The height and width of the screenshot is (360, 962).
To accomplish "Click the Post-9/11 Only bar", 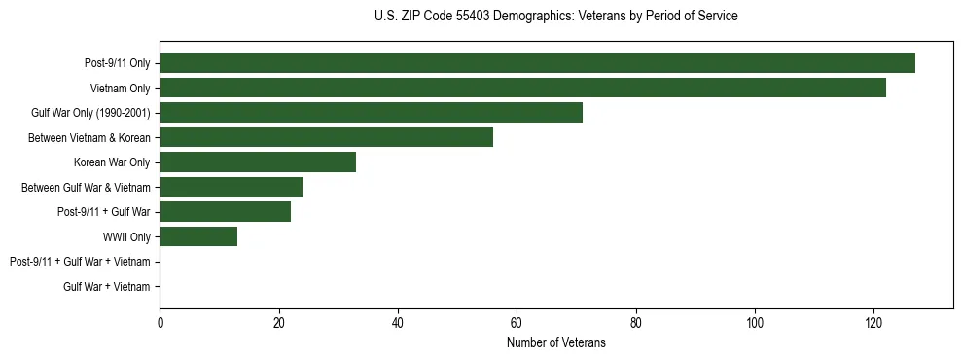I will coord(537,63).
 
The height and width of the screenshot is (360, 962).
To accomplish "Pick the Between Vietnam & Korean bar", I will coord(326,137).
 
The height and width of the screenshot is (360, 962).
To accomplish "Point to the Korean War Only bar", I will coord(258,162).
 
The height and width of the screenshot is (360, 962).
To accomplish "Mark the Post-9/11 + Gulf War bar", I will coord(225,212).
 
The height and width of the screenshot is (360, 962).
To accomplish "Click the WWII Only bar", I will coord(198,236).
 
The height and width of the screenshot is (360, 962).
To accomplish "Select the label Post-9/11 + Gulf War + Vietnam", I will coord(80,262).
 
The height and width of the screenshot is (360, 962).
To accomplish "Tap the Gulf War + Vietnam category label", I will coord(107,287).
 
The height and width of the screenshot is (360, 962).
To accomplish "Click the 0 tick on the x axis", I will coord(160,324).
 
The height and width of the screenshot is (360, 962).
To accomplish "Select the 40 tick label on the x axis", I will coord(398,324).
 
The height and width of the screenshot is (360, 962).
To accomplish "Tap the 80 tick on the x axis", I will coord(635,324).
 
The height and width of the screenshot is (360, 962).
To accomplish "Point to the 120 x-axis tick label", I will coord(873,324).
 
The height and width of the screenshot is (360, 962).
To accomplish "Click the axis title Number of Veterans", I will coord(555,342).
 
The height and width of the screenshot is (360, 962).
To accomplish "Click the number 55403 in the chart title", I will coord(471,16).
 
